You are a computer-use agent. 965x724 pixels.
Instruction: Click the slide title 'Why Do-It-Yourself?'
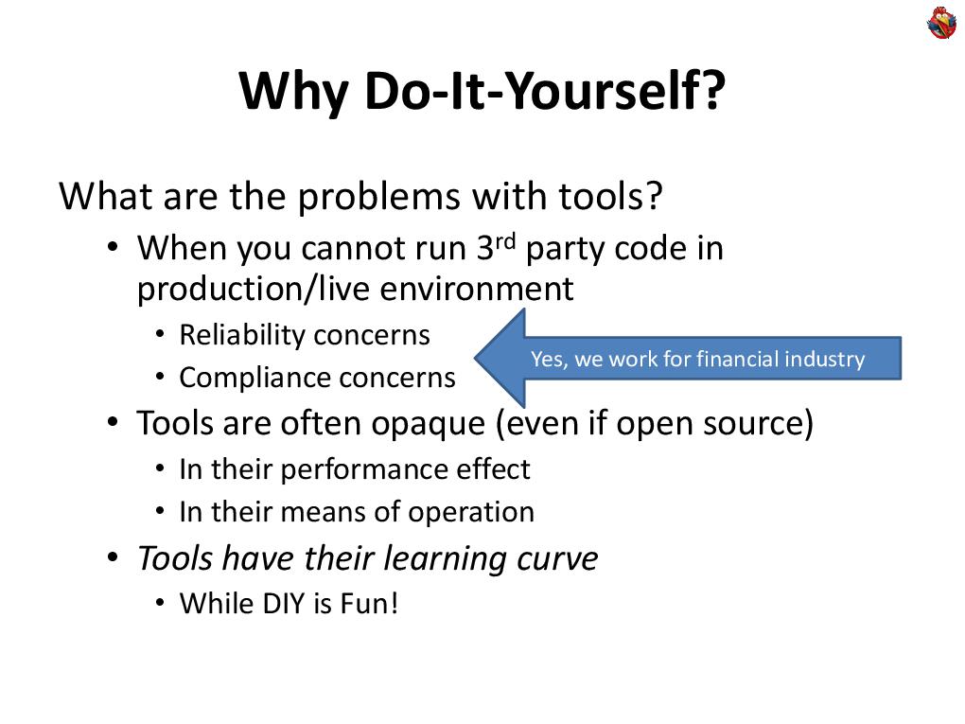coord(482,93)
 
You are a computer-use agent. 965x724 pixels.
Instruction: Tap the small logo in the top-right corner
coord(941,23)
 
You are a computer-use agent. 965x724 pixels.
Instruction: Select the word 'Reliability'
coord(241,335)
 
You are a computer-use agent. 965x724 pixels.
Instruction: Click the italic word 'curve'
coord(557,558)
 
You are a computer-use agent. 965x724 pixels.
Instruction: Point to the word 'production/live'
coord(254,289)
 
